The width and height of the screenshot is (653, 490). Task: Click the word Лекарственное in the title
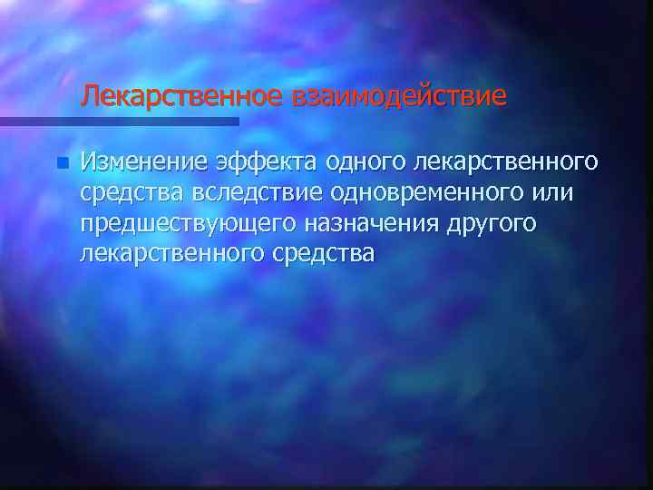point(181,95)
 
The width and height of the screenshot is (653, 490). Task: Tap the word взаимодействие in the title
point(399,95)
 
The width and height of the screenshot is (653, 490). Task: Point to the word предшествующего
point(184,223)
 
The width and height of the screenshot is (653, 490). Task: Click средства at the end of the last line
point(323,254)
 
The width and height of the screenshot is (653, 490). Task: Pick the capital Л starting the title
point(89,95)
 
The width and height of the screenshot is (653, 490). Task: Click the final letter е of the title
point(499,96)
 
